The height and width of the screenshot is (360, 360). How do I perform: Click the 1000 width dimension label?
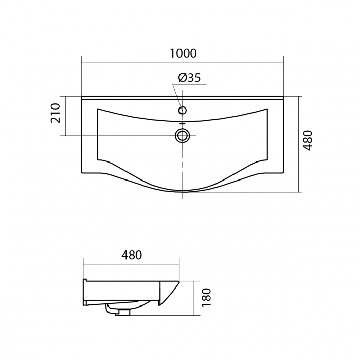pos(183,53)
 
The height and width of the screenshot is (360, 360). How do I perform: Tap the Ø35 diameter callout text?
pos(189,78)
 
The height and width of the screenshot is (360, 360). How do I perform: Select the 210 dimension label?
pos(56,114)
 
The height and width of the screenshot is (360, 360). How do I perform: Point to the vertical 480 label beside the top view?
pos(308,140)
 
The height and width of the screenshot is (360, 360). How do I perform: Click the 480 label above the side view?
pos(132,255)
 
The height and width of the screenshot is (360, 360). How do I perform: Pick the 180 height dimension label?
pos(206,297)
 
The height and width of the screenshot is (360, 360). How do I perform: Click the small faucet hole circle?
pos(183,111)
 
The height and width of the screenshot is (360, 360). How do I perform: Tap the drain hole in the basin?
pos(183,135)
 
